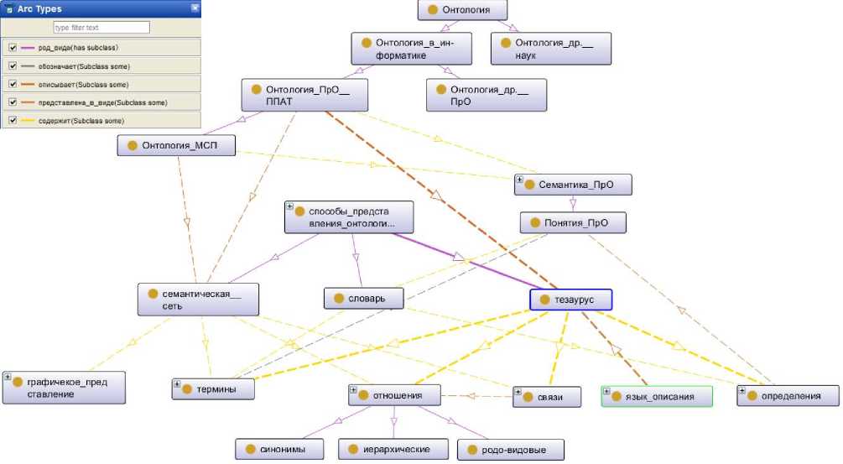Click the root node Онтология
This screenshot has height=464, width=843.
pos(464,11)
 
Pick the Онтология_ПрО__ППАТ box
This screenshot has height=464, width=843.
pos(304,95)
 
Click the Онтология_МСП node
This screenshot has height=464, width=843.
pos(176,145)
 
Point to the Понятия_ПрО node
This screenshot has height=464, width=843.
pos(574,223)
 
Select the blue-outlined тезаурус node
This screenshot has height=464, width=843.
pos(571,300)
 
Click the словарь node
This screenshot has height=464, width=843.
pos(365,298)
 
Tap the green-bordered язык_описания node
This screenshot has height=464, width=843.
pos(657,396)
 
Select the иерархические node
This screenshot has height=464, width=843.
pos(393,450)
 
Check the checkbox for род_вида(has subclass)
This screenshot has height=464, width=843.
pos(13,48)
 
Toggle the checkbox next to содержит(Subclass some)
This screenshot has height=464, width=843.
pos(13,121)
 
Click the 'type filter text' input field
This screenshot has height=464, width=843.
pos(101,28)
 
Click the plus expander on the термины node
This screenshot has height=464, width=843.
pos(178,384)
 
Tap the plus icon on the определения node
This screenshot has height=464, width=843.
pos(743,390)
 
